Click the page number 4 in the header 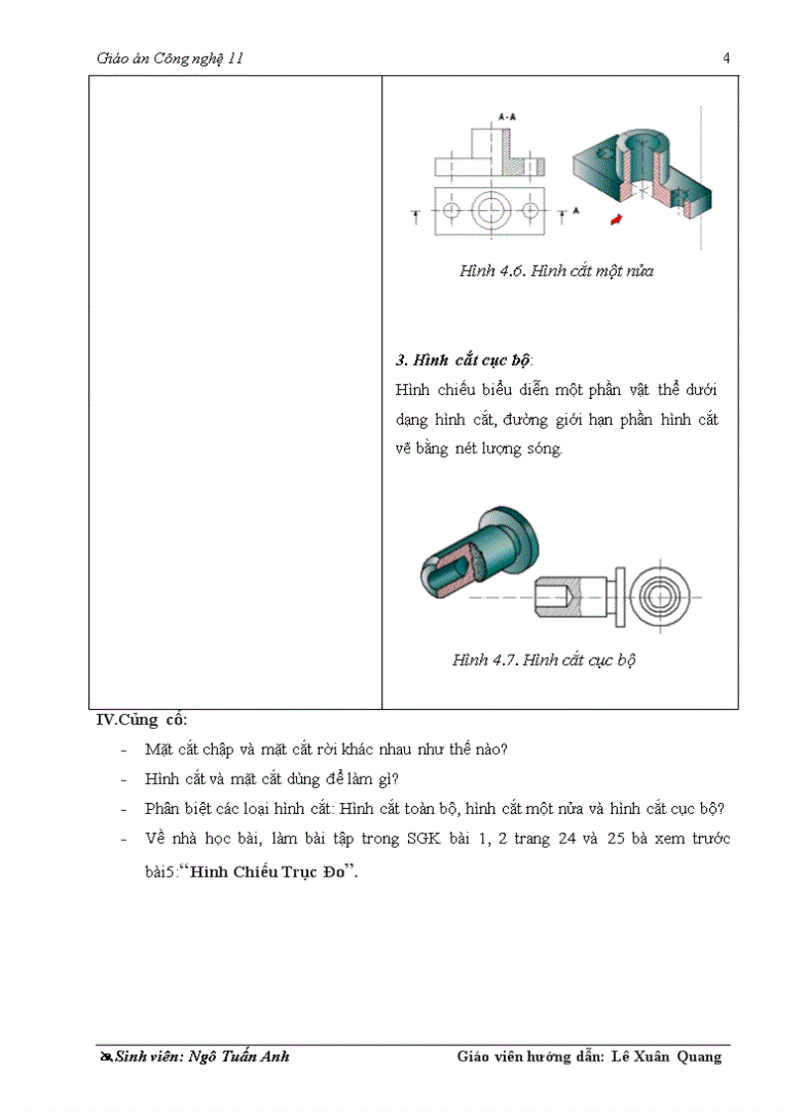(726, 57)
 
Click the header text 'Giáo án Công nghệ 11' (170, 58)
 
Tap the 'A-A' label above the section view (506, 117)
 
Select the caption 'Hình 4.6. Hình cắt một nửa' (555, 270)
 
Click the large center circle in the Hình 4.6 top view (490, 210)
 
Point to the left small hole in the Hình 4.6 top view (452, 211)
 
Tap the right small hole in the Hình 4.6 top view (531, 211)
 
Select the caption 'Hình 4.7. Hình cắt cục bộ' (544, 659)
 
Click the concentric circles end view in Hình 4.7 (656, 598)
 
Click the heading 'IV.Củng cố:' (141, 720)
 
